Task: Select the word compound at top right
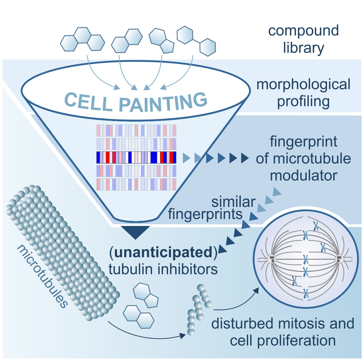[303, 31]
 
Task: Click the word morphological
[303, 85]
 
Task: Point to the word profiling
[303, 102]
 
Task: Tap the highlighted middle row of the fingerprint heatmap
[136, 157]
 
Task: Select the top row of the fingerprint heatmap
[136, 130]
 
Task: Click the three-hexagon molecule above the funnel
[82, 39]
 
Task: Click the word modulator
[303, 176]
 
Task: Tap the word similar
[233, 202]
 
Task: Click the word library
[303, 48]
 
